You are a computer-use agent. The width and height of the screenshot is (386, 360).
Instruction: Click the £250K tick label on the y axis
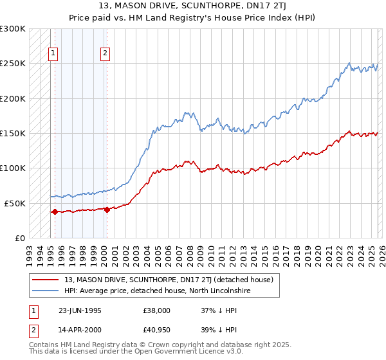(13, 64)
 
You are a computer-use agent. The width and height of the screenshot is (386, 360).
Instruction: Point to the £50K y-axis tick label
(15, 203)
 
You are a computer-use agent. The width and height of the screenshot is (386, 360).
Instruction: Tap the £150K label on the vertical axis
(13, 133)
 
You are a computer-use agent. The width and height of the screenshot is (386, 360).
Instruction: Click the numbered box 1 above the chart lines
(53, 54)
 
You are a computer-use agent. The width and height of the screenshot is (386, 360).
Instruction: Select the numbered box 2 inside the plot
(104, 54)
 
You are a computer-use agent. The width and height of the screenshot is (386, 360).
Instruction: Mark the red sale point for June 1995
(55, 212)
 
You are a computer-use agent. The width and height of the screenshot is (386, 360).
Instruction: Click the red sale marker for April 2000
(106, 209)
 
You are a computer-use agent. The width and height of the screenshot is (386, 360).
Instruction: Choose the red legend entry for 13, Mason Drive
(169, 280)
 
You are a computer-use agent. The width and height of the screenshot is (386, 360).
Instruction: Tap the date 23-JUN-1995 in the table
(80, 310)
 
